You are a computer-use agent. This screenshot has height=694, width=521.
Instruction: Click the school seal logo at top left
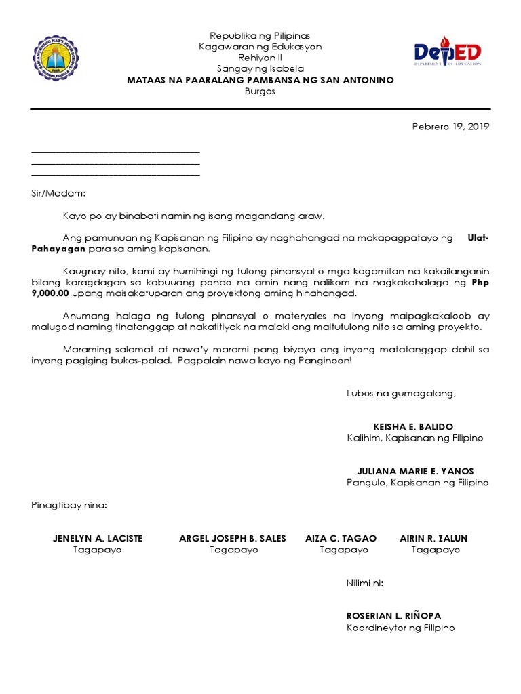tap(56, 58)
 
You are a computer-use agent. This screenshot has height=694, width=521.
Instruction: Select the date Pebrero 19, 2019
tap(450, 126)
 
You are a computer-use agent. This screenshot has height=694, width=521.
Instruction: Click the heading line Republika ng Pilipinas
tap(260, 35)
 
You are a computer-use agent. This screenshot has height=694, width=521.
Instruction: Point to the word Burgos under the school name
tap(260, 91)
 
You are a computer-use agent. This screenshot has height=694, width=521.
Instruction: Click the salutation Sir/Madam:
tap(59, 193)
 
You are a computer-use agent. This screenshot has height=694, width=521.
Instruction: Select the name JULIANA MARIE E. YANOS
tap(415, 471)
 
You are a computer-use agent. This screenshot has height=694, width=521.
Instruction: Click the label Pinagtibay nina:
tap(69, 505)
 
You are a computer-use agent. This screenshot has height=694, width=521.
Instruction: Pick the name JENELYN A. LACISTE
tap(98, 538)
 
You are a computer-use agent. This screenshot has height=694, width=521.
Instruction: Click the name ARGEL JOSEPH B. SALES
tap(233, 538)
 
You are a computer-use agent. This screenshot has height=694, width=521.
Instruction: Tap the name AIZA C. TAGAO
tap(341, 538)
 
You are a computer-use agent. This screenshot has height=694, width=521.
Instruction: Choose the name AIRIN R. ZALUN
tap(433, 538)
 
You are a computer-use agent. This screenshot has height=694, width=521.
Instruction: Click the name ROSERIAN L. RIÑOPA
tap(393, 616)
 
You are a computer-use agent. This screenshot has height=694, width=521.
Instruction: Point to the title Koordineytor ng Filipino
tap(400, 628)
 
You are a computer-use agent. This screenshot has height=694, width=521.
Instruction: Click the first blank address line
tap(115, 152)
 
